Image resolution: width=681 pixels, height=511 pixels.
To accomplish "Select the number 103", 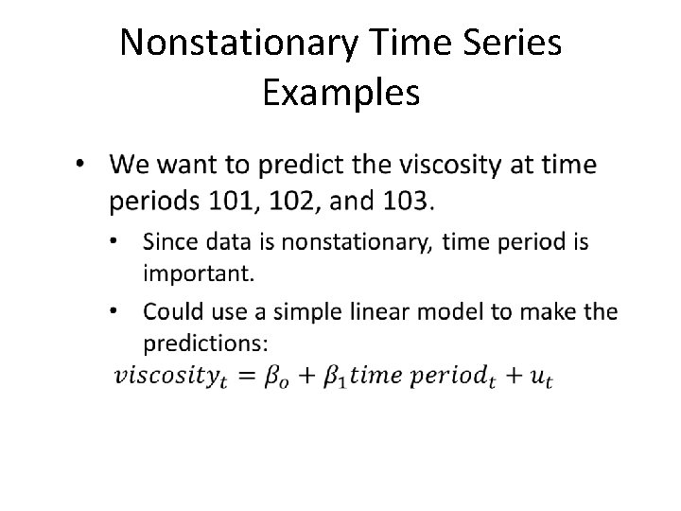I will coord(407,201).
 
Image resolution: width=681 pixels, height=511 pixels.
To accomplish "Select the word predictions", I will coord(204,341).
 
